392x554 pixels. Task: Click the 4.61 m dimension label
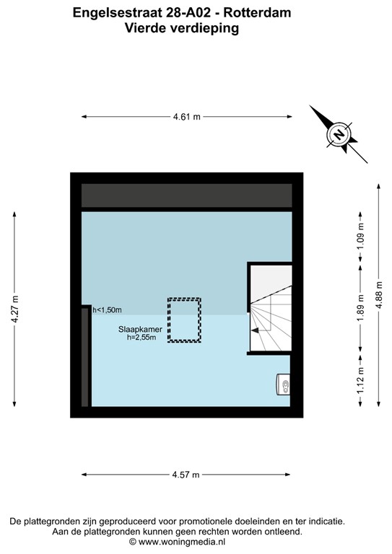point(186,116)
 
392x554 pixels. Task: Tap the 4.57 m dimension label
point(186,474)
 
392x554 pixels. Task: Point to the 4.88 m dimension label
point(379,296)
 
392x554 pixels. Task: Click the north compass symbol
point(337,133)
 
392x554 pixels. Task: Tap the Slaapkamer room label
point(141,328)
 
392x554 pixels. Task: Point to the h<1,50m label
point(107,310)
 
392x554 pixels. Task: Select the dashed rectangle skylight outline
point(185,320)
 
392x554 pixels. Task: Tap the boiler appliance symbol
point(284,384)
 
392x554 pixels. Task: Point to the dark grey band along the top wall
point(186,195)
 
